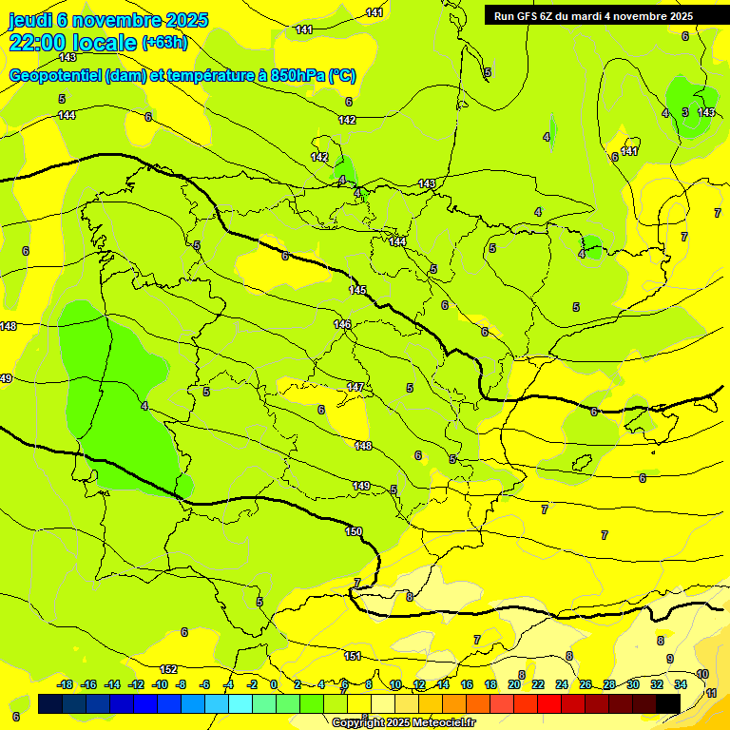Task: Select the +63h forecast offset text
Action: point(164,43)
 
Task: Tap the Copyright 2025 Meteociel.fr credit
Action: point(403,722)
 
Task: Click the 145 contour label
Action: point(357,290)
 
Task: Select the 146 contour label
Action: point(343,324)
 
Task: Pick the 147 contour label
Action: point(355,387)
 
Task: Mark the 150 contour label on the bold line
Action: point(354,531)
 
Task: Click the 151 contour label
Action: point(352,656)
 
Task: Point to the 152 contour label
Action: point(168,669)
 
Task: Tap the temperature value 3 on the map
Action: point(685,112)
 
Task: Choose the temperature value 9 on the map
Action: point(670,659)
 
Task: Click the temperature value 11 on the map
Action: point(712,694)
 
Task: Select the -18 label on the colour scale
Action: point(66,684)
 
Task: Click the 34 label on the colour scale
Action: point(681,684)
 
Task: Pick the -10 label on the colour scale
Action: point(160,684)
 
